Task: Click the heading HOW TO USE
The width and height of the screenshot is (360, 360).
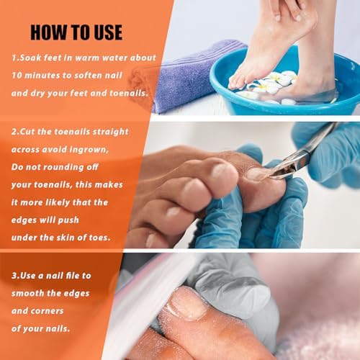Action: [x=76, y=32]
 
